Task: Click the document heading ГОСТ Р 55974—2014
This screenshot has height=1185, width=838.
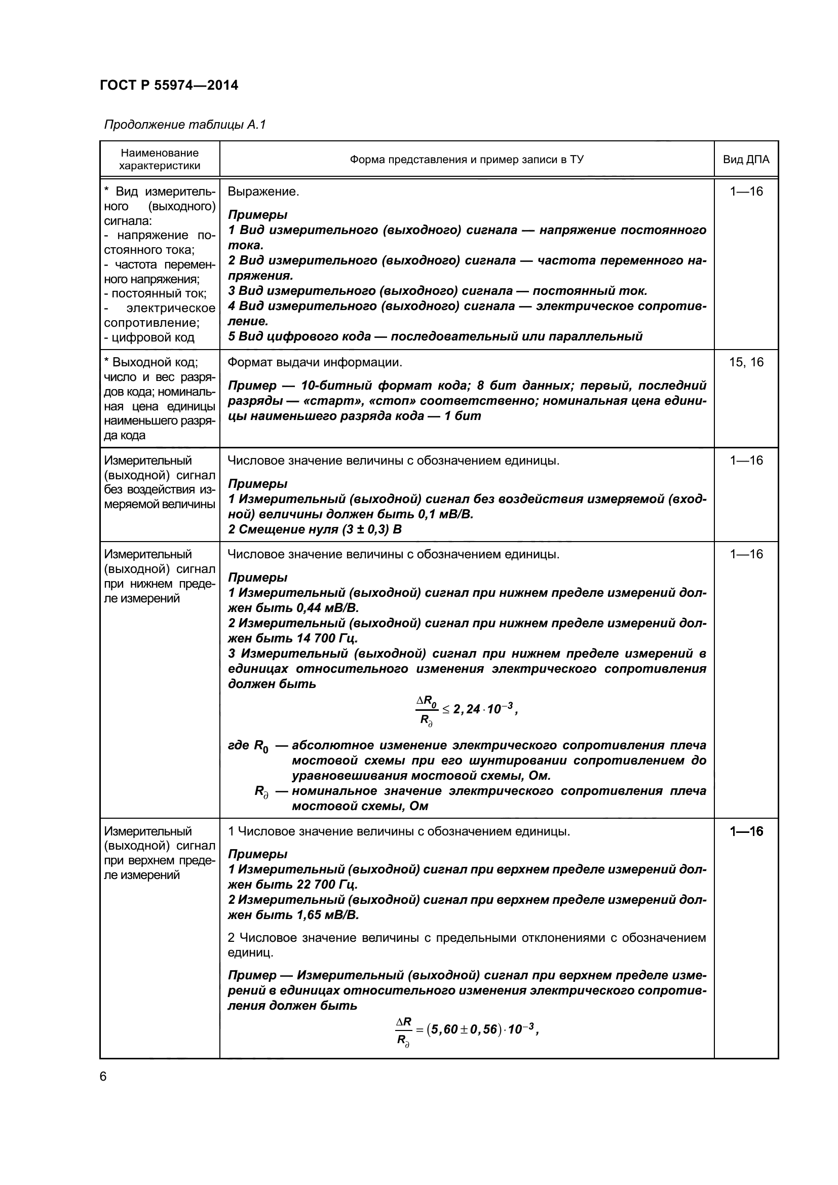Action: coord(169,85)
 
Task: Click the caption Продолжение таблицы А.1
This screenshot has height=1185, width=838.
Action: coord(184,125)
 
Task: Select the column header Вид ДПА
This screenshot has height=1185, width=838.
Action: coord(746,160)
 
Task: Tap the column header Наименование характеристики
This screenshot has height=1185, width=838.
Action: coord(160,159)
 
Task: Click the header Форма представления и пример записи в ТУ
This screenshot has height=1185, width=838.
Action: coord(467,160)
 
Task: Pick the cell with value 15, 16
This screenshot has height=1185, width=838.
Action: coord(746,362)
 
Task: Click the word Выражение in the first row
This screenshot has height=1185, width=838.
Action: coord(262,192)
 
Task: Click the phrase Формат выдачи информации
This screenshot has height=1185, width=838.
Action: coord(314,362)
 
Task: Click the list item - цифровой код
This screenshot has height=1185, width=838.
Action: coord(149,337)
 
